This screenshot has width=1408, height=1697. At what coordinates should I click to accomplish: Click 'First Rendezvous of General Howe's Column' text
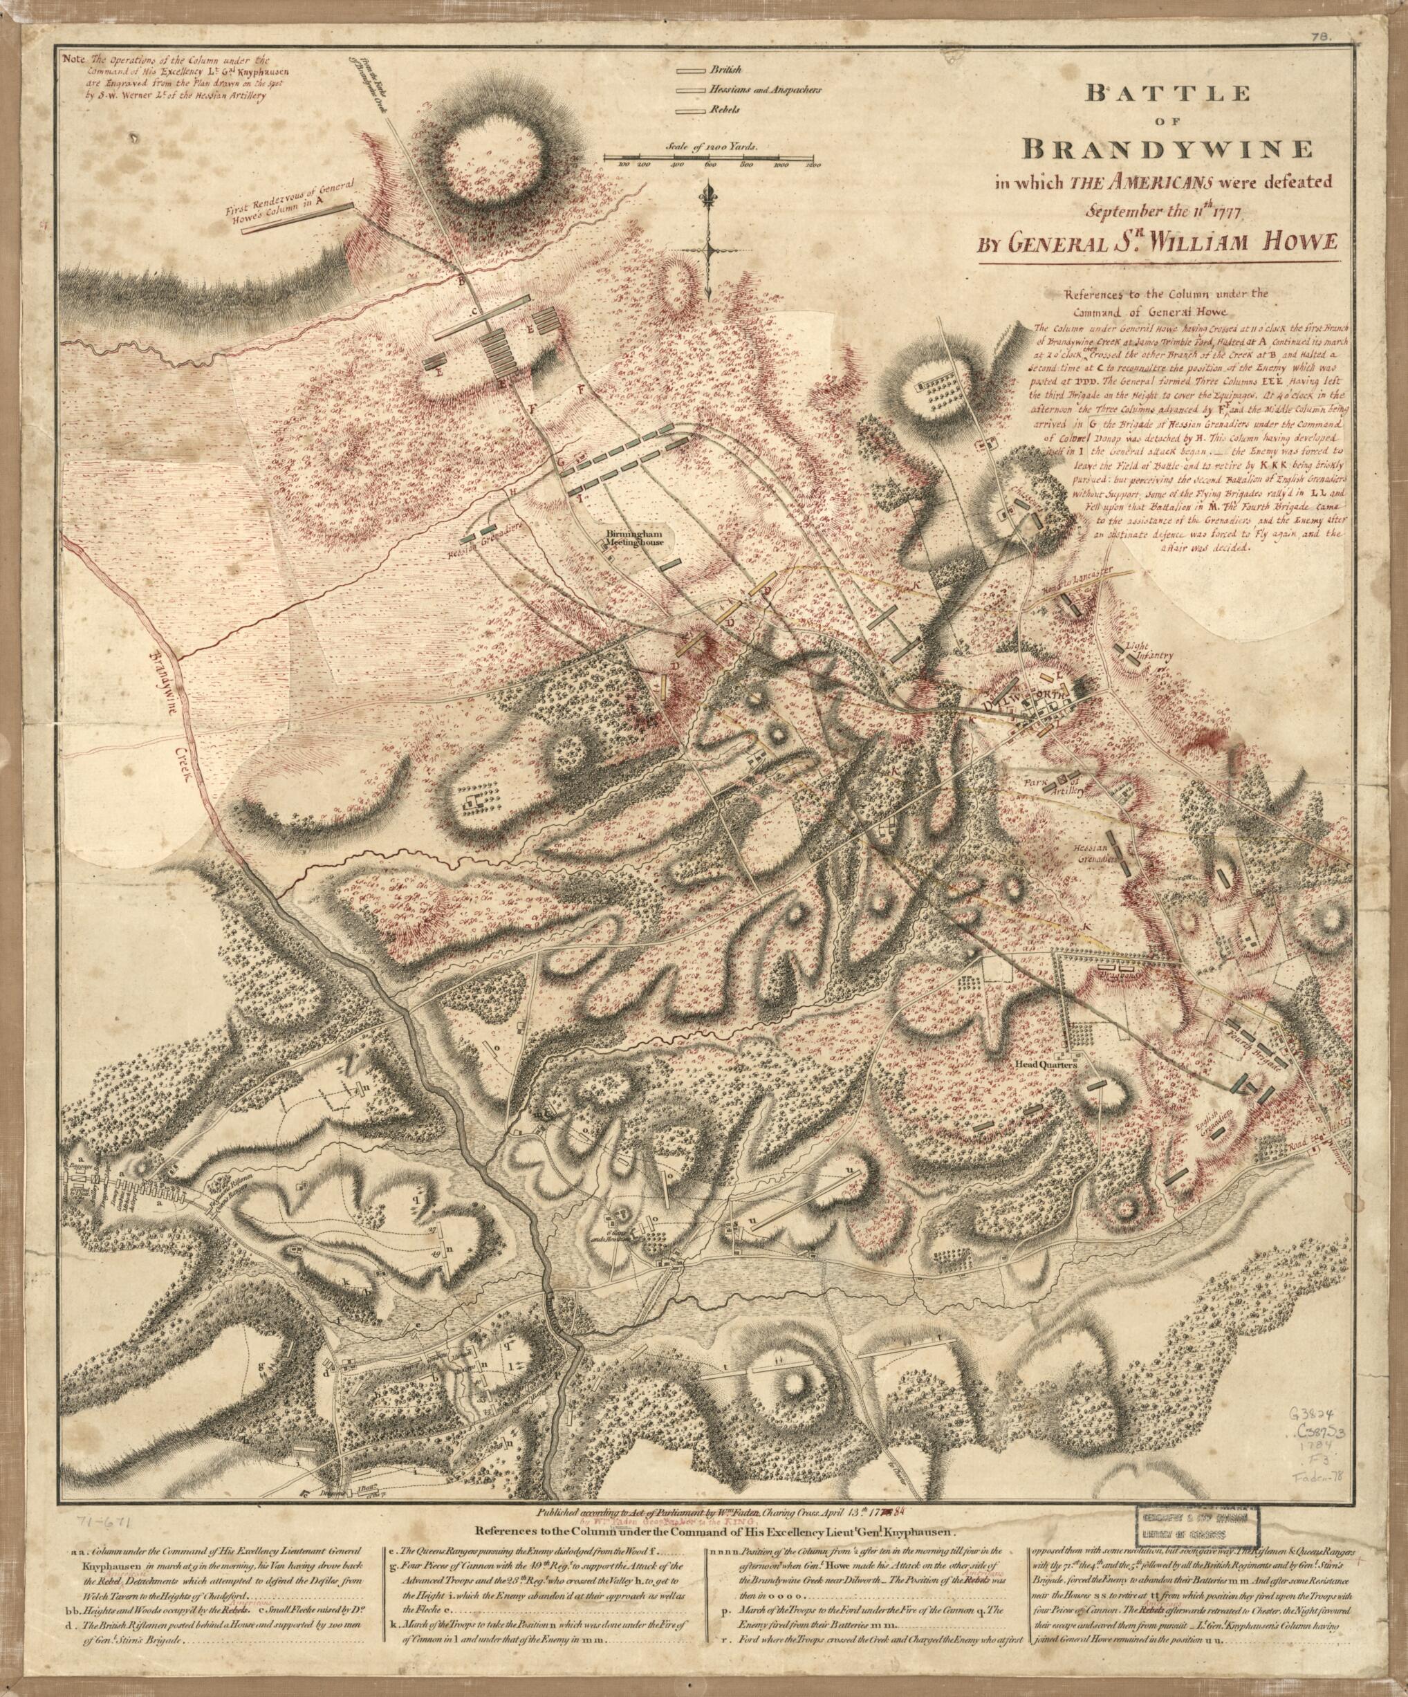tap(297, 200)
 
